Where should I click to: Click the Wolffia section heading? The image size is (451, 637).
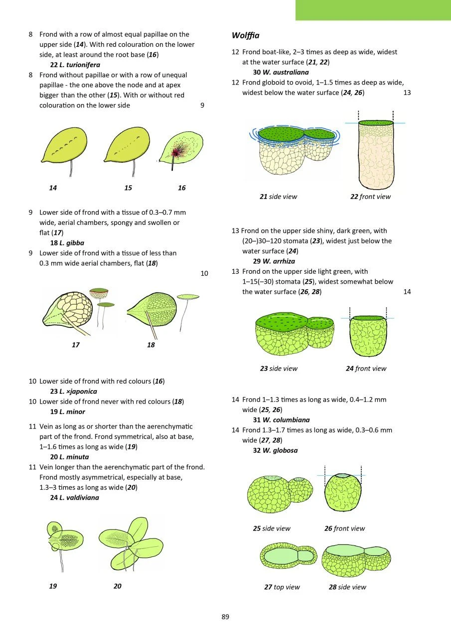click(x=246, y=36)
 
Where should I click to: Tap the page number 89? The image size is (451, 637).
click(x=225, y=617)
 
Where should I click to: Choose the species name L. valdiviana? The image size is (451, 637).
click(x=74, y=497)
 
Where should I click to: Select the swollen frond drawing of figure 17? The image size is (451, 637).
click(x=70, y=311)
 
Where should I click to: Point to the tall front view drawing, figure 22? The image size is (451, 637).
click(x=376, y=155)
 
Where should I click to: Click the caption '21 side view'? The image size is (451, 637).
click(x=278, y=197)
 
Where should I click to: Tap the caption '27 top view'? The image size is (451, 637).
click(x=282, y=587)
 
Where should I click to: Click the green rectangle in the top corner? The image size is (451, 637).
click(x=373, y=10)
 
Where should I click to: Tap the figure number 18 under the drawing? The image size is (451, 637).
click(x=151, y=345)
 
